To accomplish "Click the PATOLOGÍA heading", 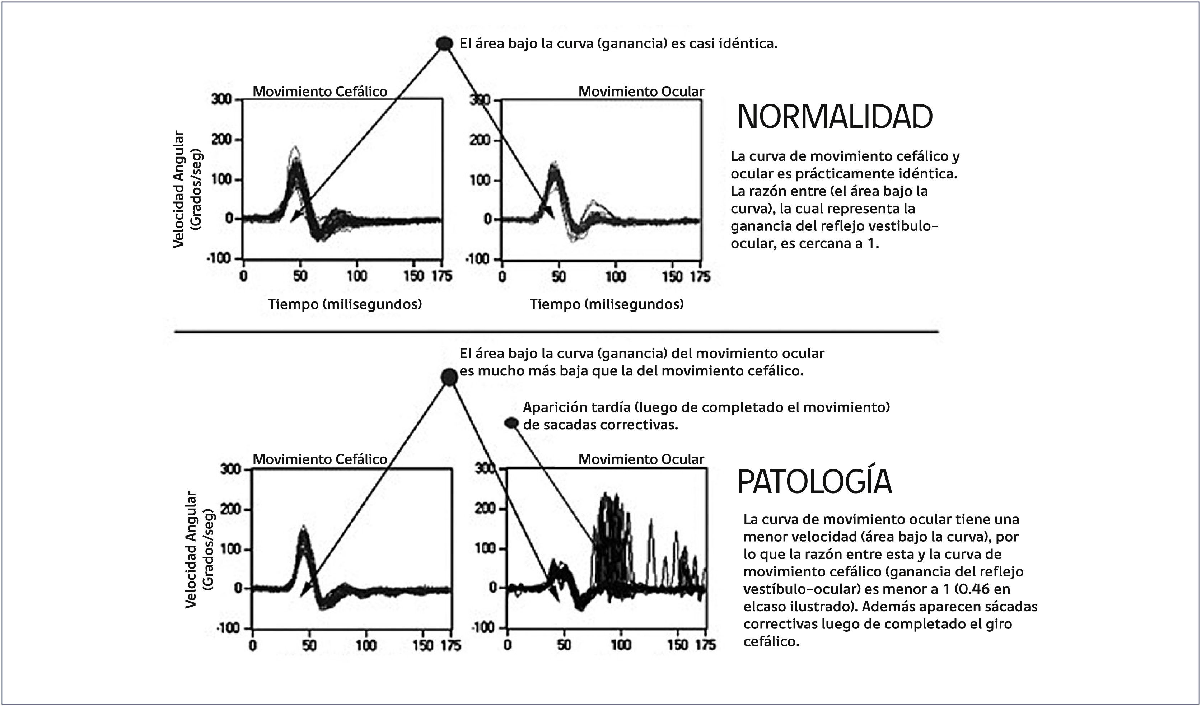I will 814,482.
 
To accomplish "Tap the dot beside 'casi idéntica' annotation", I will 445,44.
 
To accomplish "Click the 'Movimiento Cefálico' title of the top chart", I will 319,92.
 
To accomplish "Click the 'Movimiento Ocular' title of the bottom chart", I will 641,459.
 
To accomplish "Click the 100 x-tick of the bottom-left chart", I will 366,646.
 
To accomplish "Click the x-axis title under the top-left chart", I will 345,304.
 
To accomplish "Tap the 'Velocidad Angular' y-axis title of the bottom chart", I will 191,549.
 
